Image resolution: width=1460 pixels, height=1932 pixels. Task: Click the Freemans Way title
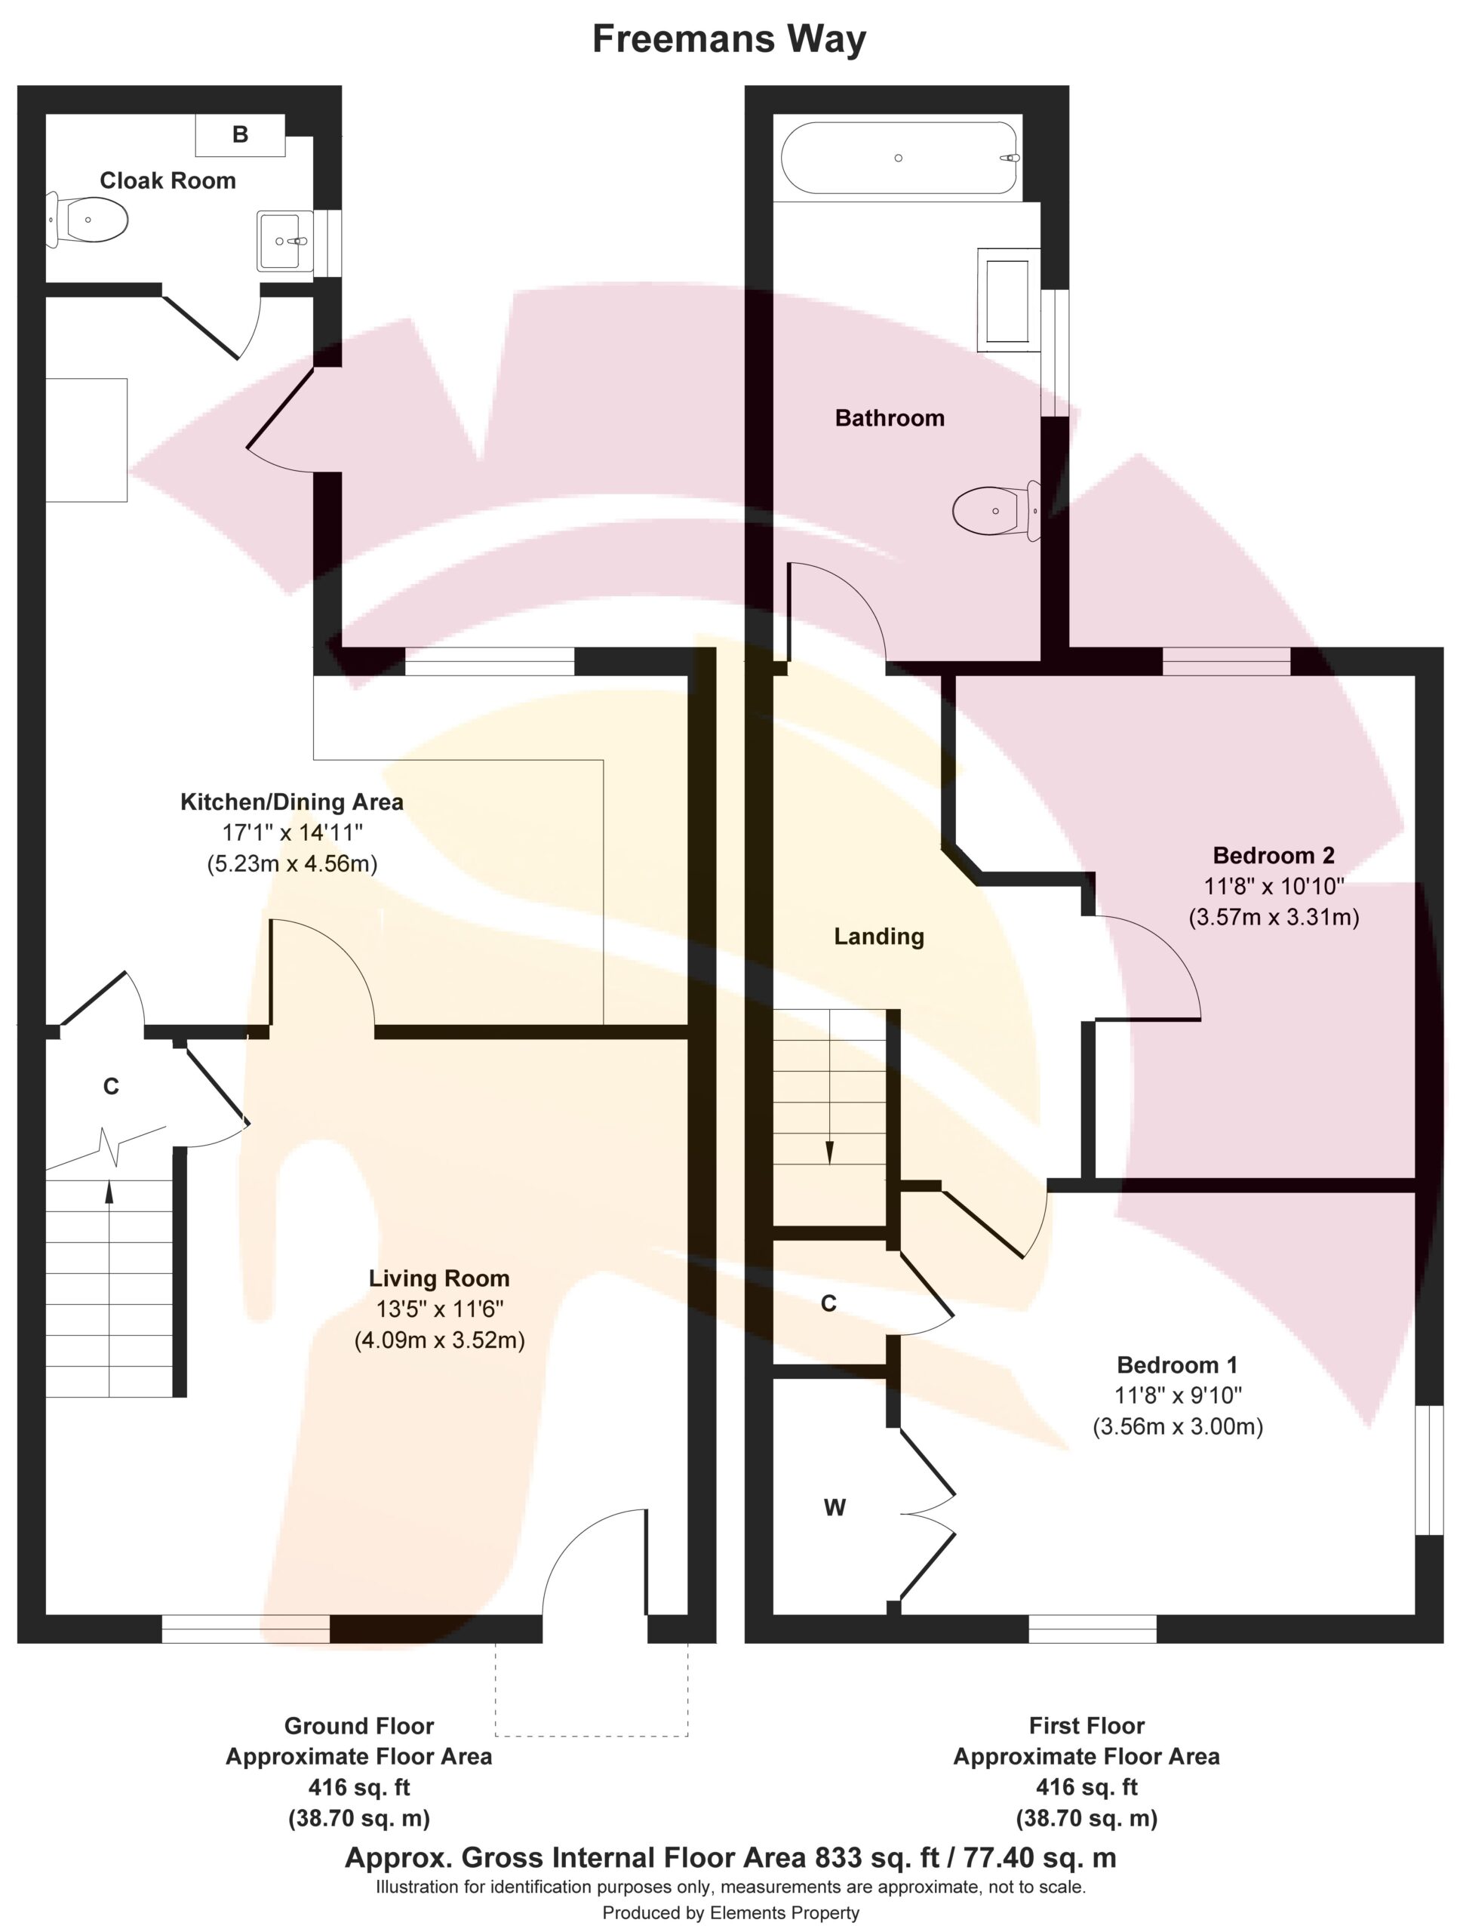pyautogui.click(x=729, y=39)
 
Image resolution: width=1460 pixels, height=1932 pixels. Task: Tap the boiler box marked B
pyautogui.click(x=240, y=134)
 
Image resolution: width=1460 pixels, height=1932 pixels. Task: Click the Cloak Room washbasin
pyautogui.click(x=284, y=241)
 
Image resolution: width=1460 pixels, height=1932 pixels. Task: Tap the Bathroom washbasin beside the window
pyautogui.click(x=1009, y=300)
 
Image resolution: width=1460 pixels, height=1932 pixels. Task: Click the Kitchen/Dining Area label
pyautogui.click(x=292, y=801)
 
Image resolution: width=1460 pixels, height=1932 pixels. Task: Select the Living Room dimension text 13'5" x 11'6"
pyautogui.click(x=439, y=1309)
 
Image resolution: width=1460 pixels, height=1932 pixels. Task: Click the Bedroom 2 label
pyautogui.click(x=1274, y=855)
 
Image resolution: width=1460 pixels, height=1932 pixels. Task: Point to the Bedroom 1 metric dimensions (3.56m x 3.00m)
pyautogui.click(x=1178, y=1426)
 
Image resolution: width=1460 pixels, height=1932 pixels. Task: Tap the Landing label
pyautogui.click(x=878, y=937)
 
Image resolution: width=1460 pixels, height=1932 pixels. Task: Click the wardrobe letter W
pyautogui.click(x=835, y=1508)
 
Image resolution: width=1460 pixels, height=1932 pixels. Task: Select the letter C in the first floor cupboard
pyautogui.click(x=828, y=1303)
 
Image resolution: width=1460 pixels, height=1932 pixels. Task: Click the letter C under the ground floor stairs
pyautogui.click(x=111, y=1086)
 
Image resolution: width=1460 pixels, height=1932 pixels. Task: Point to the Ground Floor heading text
pyautogui.click(x=359, y=1726)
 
